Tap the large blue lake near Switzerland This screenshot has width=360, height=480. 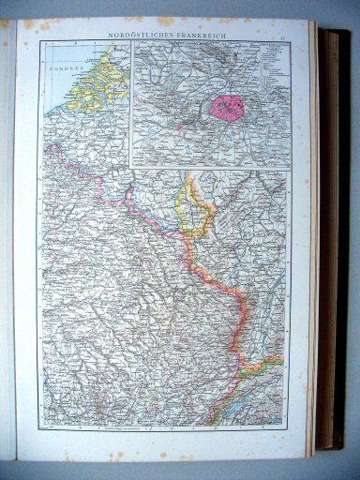coord(221,409)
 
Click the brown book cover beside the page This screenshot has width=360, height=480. coord(334,234)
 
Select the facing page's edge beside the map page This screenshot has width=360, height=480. coord(7,234)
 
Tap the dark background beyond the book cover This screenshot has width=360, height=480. coord(352,234)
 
